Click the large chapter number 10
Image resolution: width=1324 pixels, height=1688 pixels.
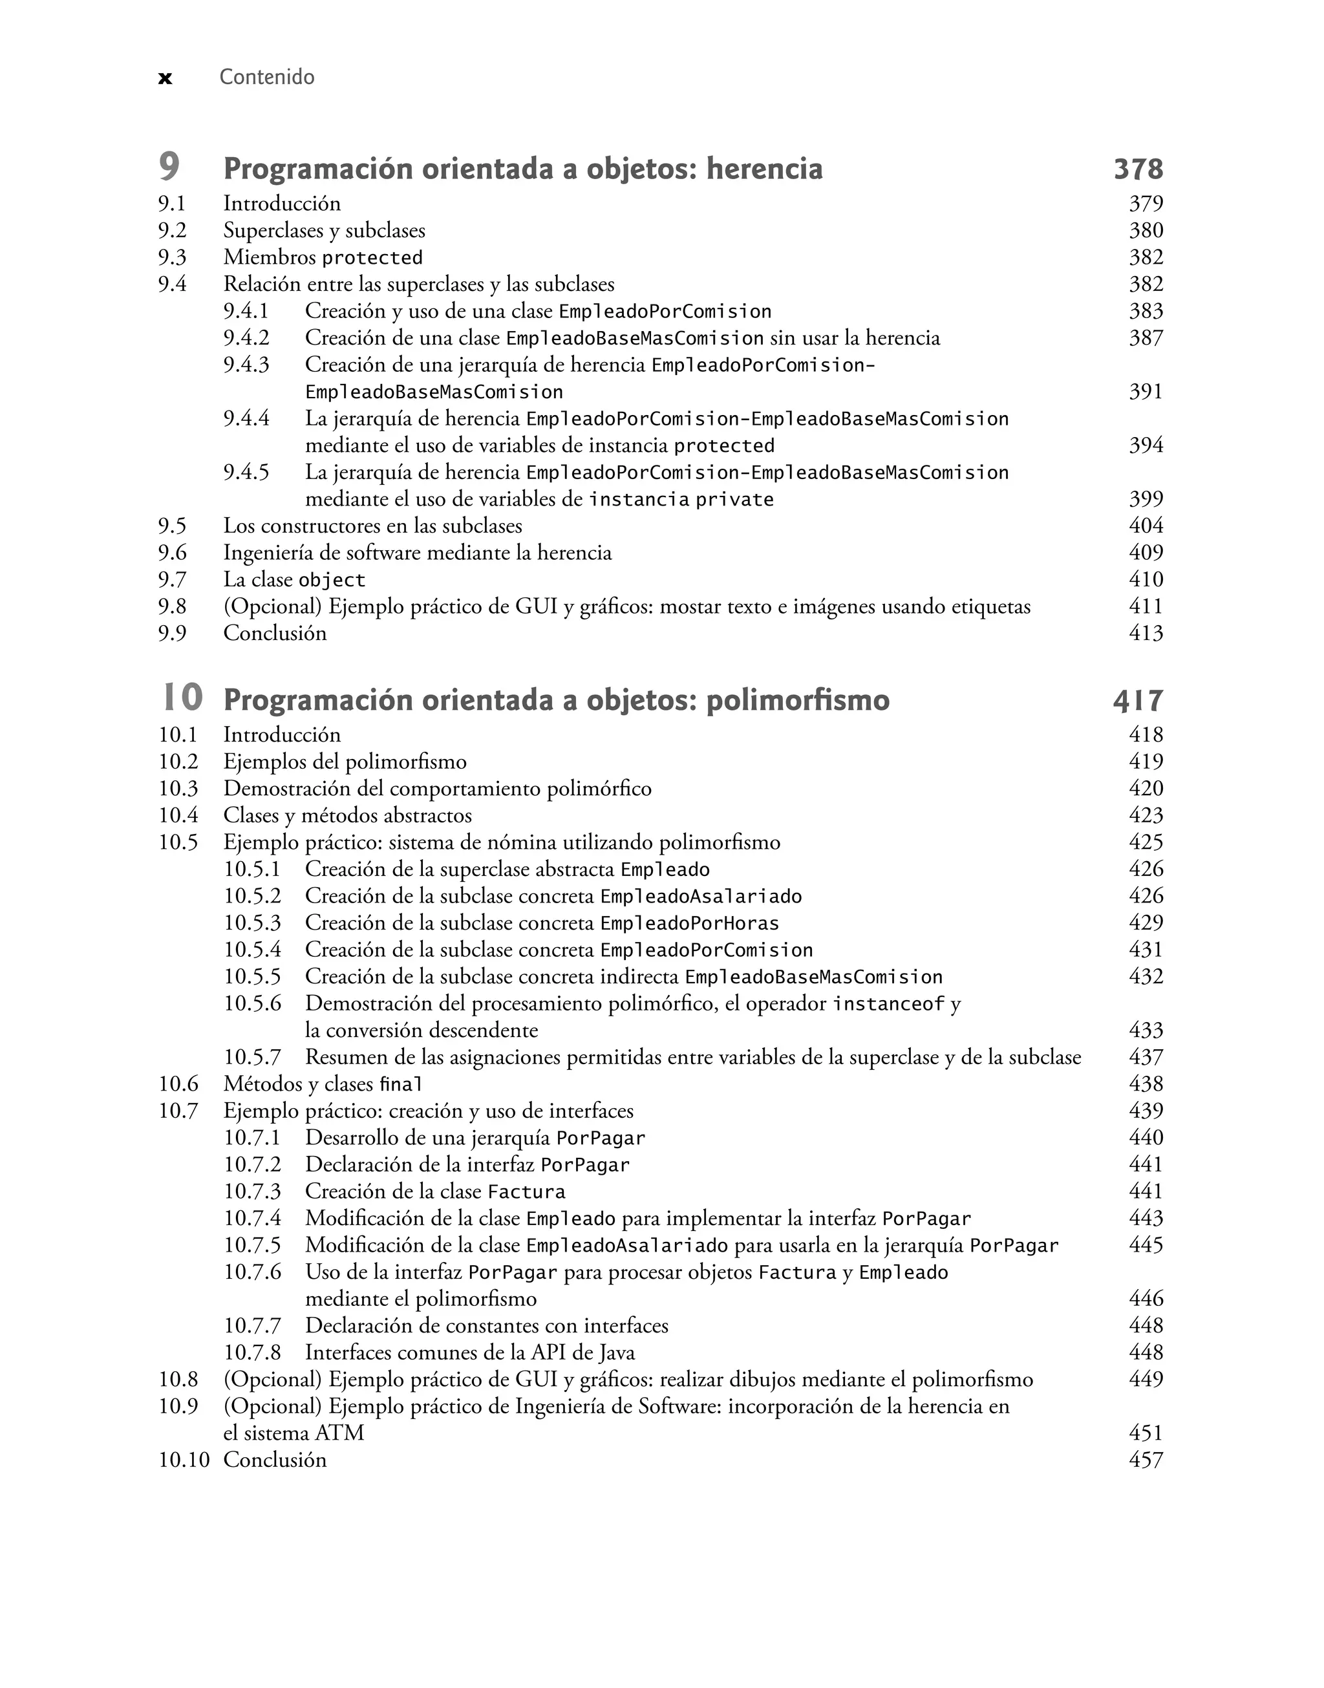click(x=182, y=698)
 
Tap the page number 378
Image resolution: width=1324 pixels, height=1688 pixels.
click(x=1138, y=169)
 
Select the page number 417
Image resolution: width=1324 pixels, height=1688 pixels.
click(x=1138, y=701)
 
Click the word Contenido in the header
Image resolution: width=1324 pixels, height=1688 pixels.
click(x=266, y=77)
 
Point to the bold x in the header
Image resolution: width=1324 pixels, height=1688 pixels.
click(x=165, y=78)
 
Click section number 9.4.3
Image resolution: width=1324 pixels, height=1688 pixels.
click(x=246, y=364)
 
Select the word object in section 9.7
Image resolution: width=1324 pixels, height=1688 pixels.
click(x=331, y=581)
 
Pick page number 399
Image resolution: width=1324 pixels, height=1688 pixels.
click(x=1146, y=498)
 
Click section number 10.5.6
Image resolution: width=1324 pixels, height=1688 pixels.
click(x=252, y=1003)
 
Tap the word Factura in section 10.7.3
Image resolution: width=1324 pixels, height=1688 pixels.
click(x=526, y=1192)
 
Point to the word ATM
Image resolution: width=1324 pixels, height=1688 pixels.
click(x=339, y=1433)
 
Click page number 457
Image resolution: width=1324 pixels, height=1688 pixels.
click(x=1146, y=1460)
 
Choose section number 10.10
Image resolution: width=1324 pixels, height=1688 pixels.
click(x=184, y=1460)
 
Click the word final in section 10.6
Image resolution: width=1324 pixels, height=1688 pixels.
click(x=401, y=1084)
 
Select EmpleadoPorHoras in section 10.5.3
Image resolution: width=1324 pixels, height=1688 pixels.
click(x=689, y=924)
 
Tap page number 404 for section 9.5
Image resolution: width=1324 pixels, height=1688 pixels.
click(x=1146, y=526)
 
